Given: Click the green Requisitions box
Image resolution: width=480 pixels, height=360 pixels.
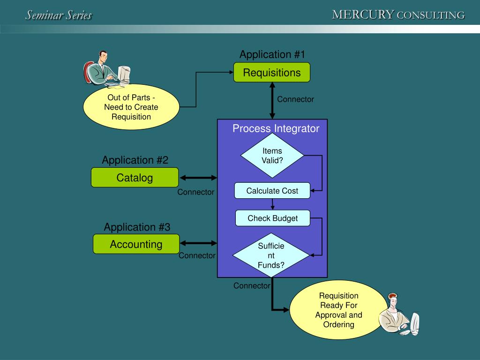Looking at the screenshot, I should click(272, 73).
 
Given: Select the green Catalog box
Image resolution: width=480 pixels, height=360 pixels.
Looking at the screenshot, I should click(135, 178).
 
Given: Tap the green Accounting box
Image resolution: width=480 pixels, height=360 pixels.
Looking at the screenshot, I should click(136, 244).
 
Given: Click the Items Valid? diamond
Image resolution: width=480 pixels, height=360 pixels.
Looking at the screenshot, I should click(272, 156).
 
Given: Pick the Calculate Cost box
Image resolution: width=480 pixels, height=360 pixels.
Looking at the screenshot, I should click(272, 191).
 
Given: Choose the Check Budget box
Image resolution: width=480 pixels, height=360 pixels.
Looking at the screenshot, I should click(273, 218).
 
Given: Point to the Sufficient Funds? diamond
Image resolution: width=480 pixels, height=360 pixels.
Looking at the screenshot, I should click(271, 255).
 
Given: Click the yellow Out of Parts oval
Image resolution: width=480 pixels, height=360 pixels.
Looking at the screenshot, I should click(131, 107).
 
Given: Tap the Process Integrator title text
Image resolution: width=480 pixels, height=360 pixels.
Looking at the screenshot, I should click(276, 129).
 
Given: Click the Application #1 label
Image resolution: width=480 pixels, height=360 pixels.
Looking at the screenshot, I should click(272, 55).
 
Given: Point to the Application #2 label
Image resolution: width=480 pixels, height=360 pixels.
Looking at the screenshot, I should click(135, 160).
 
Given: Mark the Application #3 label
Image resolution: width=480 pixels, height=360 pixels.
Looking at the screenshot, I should click(137, 227).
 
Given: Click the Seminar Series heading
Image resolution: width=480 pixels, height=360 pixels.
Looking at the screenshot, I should click(59, 15).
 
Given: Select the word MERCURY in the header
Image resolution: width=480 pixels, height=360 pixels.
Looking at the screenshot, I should click(363, 15).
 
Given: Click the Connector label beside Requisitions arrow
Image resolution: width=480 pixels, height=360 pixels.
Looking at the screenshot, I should click(295, 99).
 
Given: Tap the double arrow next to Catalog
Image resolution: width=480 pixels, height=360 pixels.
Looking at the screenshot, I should click(199, 178).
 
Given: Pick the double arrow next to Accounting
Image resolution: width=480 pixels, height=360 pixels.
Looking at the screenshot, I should click(199, 243).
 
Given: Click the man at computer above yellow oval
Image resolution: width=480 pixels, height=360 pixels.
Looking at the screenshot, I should click(107, 69).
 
